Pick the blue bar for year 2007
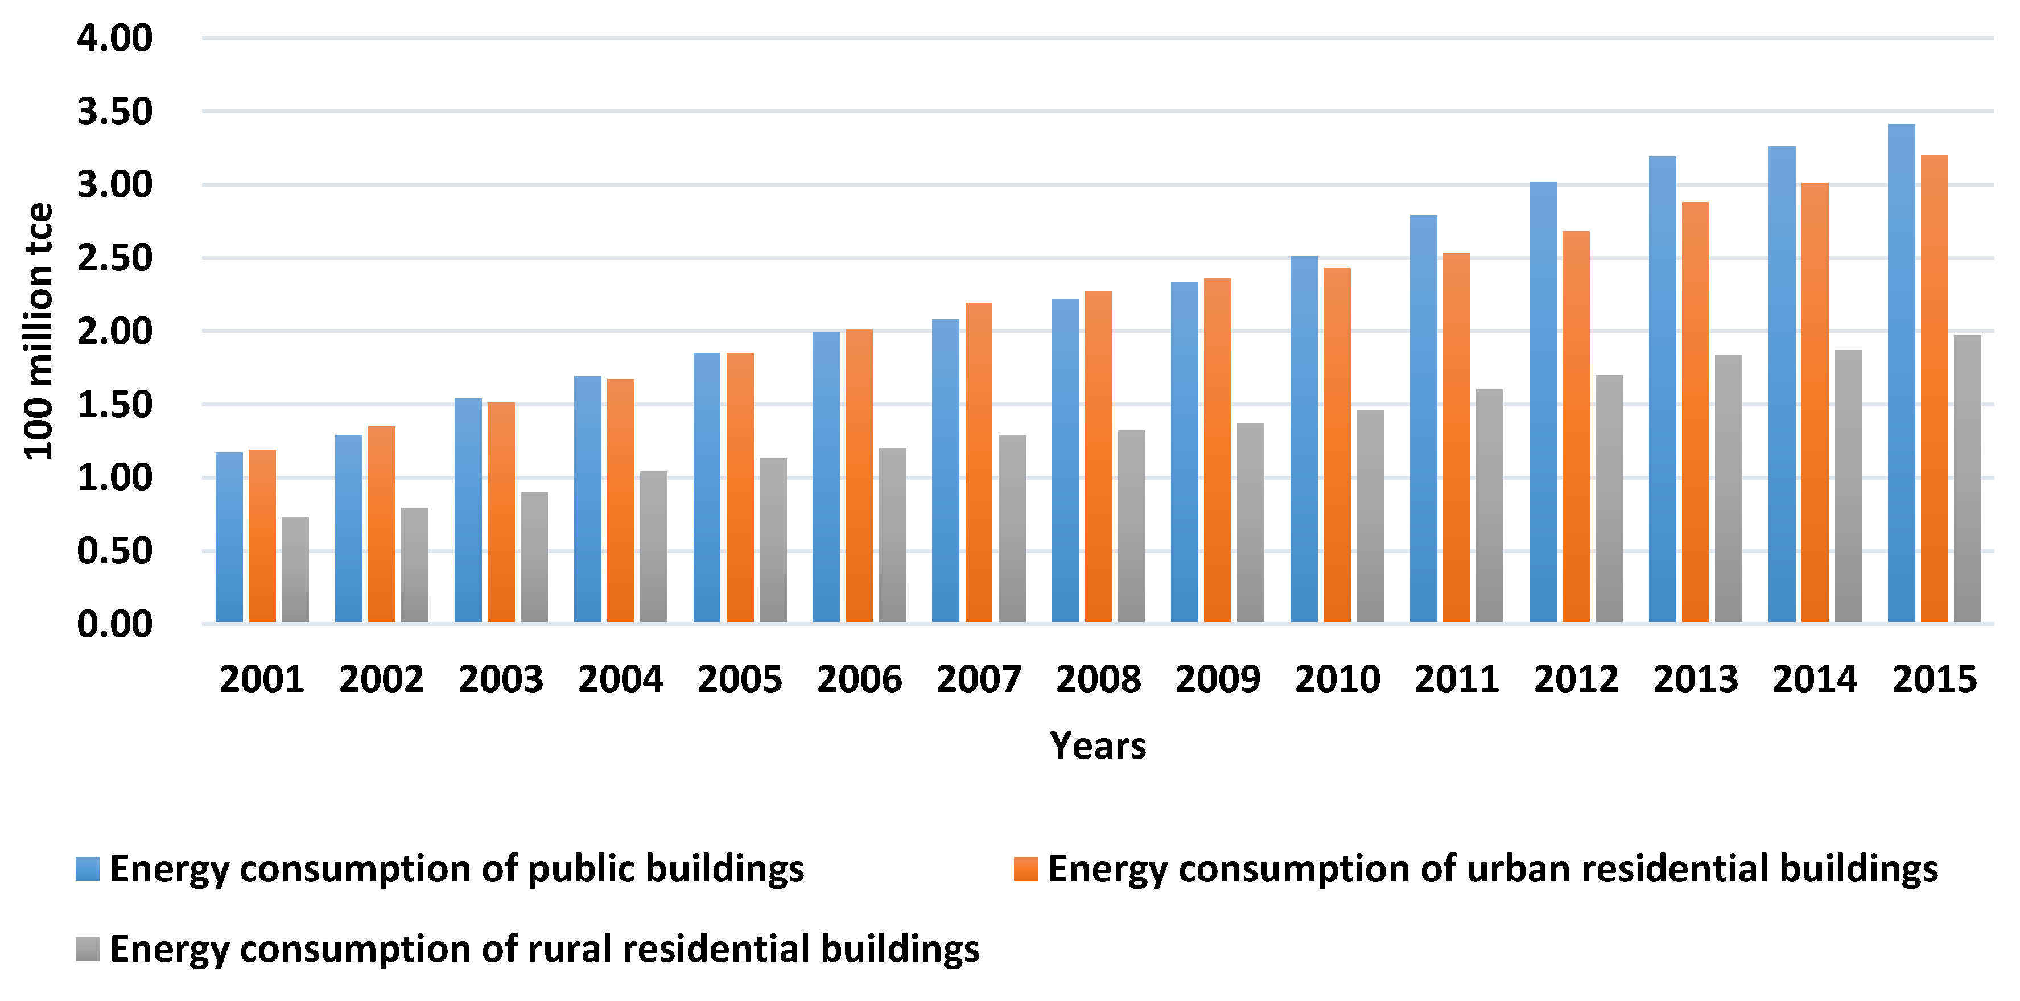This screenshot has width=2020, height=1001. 946,471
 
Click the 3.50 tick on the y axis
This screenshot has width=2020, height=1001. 114,112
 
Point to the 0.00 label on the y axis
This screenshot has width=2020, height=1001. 114,624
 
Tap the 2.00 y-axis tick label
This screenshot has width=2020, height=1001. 114,331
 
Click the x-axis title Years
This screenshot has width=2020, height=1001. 1098,745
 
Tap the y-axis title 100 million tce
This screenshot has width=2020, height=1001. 38,331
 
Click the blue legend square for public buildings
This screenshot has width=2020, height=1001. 87,868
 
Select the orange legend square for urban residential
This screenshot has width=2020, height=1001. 1025,868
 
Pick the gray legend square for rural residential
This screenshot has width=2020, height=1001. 87,949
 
